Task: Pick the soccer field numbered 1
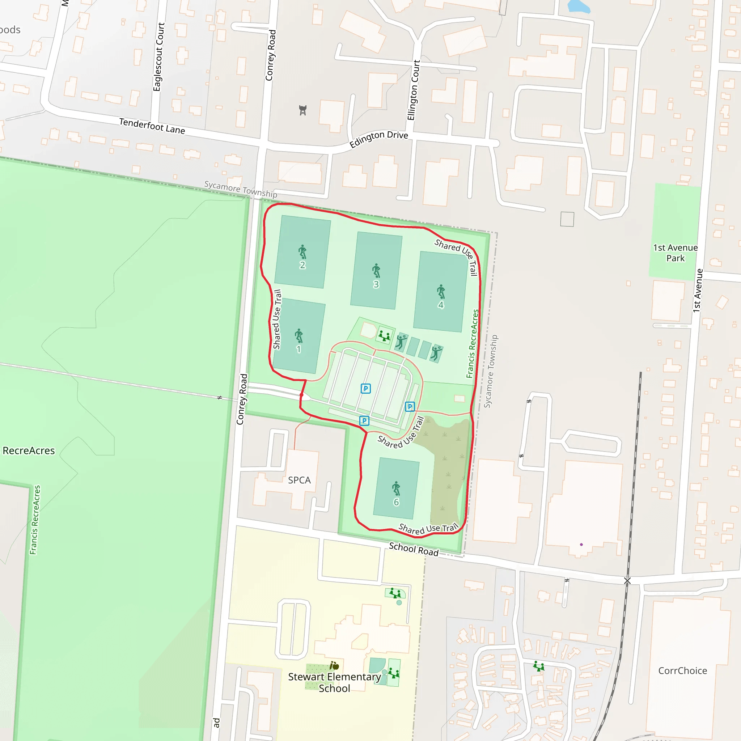pos(299,336)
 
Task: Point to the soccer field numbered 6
pos(396,490)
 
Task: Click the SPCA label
pos(299,480)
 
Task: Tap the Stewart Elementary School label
pos(334,682)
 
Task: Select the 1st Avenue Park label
pos(676,253)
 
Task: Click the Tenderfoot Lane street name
pos(152,126)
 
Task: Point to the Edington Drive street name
pos(378,139)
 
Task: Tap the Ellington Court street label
pos(414,90)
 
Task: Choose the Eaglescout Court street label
pos(158,57)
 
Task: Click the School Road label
pos(414,549)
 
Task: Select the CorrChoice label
pos(683,671)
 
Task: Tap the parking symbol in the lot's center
pos(365,389)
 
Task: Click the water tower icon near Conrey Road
pos(303,110)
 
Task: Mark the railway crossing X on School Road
pos(627,581)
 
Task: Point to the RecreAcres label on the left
pos(29,451)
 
